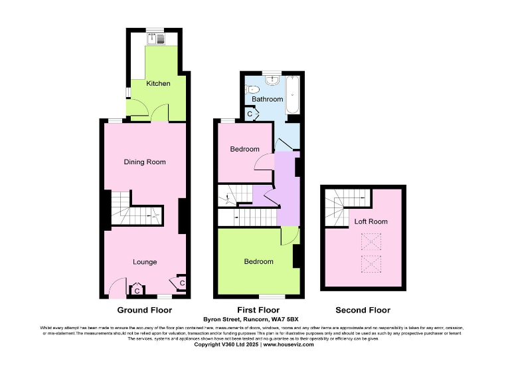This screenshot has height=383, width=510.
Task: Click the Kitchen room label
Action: click(x=158, y=84)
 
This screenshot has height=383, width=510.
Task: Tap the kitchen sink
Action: click(x=158, y=39)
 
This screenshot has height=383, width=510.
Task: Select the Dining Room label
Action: click(x=144, y=162)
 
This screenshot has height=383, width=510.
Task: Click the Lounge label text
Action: click(x=144, y=262)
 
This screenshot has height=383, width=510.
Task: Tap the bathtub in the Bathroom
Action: click(x=292, y=96)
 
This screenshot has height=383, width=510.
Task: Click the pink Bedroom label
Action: click(x=244, y=149)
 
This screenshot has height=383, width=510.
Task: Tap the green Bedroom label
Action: click(x=258, y=261)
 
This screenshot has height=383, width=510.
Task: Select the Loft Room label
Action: click(x=371, y=221)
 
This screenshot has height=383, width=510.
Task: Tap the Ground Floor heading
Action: click(x=144, y=310)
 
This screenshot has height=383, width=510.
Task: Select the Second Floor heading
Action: click(x=363, y=310)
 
